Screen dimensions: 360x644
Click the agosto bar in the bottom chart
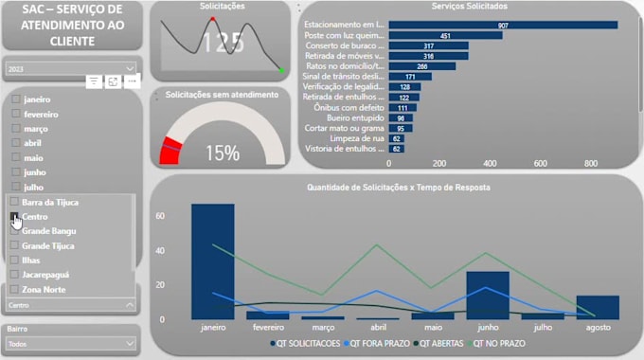598,308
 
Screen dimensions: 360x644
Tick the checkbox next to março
15,128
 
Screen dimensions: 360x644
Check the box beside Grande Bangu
15,231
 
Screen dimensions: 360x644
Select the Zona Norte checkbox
15,289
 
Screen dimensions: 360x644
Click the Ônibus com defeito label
349,108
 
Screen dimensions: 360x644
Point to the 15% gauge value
222,153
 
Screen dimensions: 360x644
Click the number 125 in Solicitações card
223,43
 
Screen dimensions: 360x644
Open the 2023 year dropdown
72,69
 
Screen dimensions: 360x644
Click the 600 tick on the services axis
541,163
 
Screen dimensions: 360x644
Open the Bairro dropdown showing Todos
72,345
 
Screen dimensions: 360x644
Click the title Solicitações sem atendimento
222,95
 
